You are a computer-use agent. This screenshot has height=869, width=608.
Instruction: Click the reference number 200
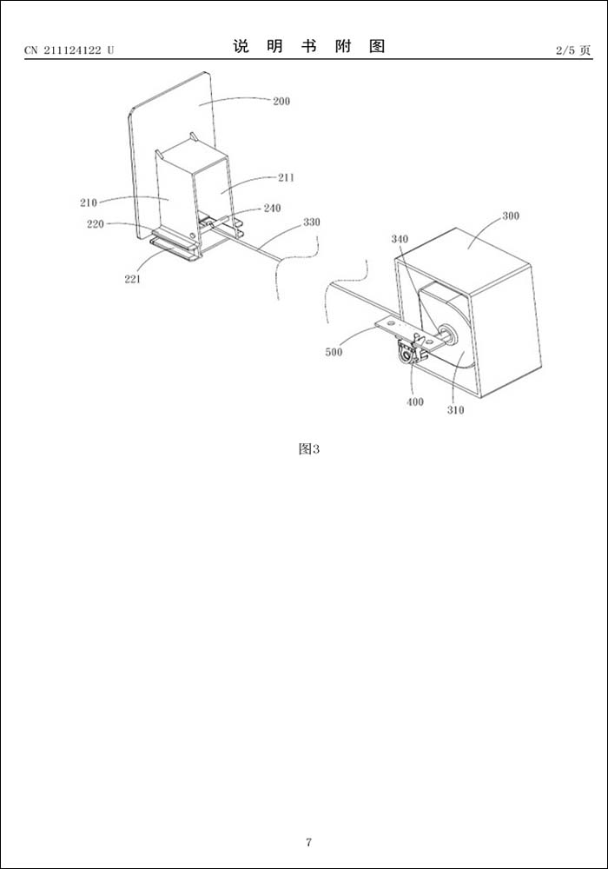click(281, 102)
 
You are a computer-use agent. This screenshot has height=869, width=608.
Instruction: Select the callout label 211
click(287, 177)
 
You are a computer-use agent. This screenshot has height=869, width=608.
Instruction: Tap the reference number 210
click(89, 202)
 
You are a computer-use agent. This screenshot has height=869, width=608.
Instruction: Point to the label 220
click(96, 224)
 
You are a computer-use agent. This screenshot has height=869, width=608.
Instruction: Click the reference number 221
click(132, 279)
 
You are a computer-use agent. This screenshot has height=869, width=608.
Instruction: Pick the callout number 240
click(272, 208)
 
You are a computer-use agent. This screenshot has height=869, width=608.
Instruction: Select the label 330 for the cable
click(312, 222)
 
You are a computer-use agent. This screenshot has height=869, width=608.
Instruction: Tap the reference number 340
click(400, 239)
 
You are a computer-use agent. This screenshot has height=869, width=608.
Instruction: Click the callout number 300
click(511, 216)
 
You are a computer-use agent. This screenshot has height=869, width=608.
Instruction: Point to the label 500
click(334, 351)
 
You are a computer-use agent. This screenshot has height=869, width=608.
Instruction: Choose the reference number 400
click(415, 401)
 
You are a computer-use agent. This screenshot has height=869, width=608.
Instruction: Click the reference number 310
click(455, 410)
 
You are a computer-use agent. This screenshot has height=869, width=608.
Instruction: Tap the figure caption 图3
click(309, 449)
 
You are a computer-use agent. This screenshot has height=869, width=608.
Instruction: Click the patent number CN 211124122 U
click(69, 50)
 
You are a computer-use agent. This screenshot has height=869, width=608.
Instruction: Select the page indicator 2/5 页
click(573, 50)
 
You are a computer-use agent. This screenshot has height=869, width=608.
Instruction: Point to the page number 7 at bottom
click(308, 842)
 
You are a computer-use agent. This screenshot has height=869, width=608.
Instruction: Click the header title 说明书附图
click(308, 46)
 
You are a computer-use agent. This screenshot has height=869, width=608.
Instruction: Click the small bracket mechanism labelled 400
click(410, 352)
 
